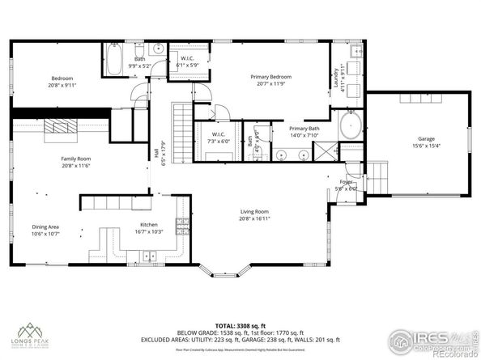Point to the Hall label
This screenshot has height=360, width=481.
click(155, 150)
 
